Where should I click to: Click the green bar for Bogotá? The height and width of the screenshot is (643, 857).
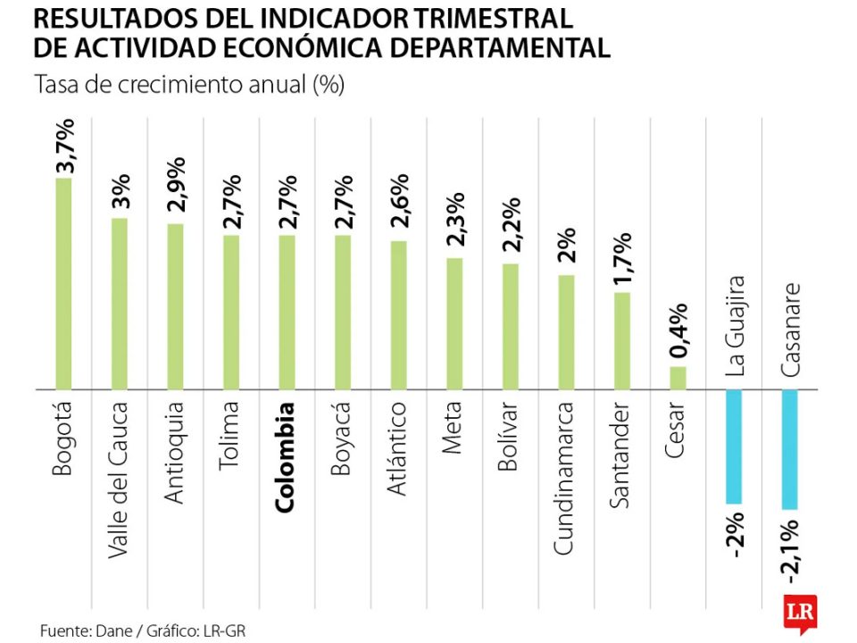click(63, 284)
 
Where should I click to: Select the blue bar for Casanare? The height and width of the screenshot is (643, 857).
click(789, 449)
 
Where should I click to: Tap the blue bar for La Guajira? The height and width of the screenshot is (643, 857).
click(734, 447)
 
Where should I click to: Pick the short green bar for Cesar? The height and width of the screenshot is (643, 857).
click(678, 378)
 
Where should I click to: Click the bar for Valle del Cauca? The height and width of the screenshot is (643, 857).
click(119, 304)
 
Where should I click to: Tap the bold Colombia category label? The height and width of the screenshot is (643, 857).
click(287, 457)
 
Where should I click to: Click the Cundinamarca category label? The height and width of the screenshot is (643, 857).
click(566, 479)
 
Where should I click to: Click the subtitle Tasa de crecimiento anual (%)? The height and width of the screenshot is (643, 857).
click(189, 86)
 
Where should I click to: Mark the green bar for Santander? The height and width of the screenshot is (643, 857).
click(622, 341)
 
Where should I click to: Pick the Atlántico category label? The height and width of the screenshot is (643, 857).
click(398, 448)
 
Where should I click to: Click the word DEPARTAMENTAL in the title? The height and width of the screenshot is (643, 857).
click(515, 47)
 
